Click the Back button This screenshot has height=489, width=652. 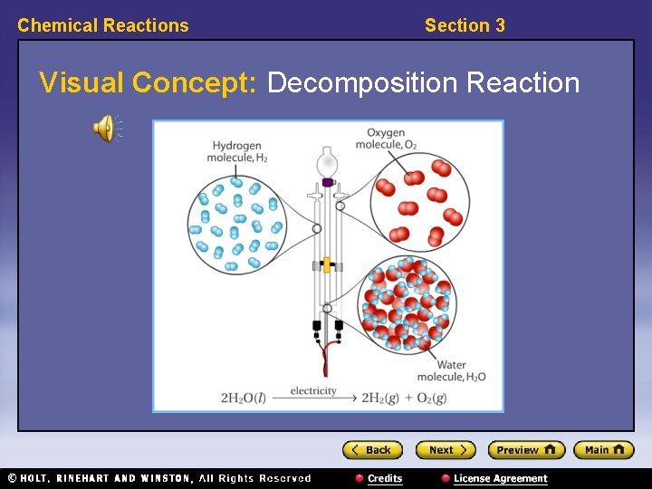pyautogui.click(x=371, y=450)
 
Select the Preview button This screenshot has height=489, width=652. pyautogui.click(x=526, y=450)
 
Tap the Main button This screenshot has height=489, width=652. pyautogui.click(x=603, y=450)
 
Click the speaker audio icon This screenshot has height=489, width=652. pyautogui.click(x=104, y=129)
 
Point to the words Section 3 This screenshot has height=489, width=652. pyautogui.click(x=465, y=25)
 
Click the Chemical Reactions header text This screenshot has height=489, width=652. pyautogui.click(x=103, y=25)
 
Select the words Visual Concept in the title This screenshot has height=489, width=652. pyautogui.click(x=149, y=82)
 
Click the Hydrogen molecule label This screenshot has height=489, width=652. pyautogui.click(x=235, y=151)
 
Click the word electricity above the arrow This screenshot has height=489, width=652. pyautogui.click(x=313, y=391)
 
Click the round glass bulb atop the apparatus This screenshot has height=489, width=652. pyautogui.click(x=327, y=164)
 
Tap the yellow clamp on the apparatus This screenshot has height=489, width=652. pyautogui.click(x=327, y=265)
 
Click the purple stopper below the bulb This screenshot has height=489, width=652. pyautogui.click(x=327, y=182)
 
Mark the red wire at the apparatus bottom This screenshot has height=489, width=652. pyautogui.click(x=327, y=358)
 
